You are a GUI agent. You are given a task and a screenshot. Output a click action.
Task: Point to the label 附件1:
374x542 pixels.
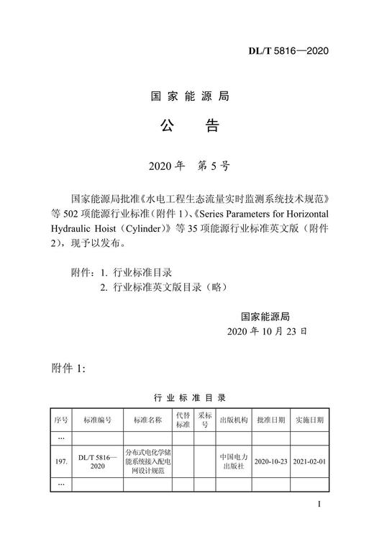coord(70,368)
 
